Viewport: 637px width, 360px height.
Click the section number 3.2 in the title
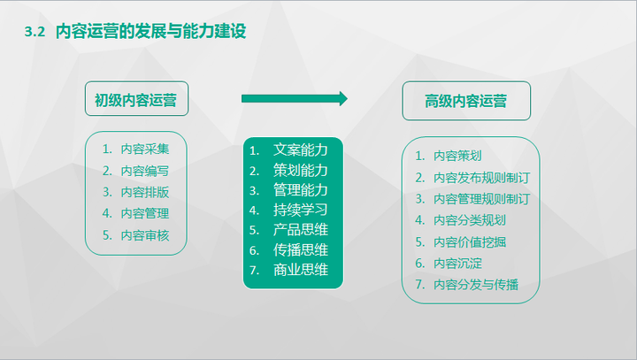click(x=35, y=32)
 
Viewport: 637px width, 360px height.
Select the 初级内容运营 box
click(x=135, y=100)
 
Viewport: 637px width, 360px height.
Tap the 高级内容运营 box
click(x=466, y=101)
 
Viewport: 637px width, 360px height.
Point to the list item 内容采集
click(x=145, y=149)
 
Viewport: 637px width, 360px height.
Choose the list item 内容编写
click(x=145, y=170)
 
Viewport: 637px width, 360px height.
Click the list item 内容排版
click(x=145, y=191)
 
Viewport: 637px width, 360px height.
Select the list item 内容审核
click(x=145, y=234)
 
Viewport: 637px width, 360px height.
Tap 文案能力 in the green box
click(x=301, y=149)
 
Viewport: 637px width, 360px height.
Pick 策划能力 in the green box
click(x=301, y=170)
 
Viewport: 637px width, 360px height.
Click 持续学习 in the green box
click(x=301, y=210)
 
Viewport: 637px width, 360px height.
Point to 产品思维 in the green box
click(x=301, y=230)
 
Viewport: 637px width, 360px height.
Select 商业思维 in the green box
click(x=301, y=270)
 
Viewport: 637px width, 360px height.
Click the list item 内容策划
click(x=457, y=155)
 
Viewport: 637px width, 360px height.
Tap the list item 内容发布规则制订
click(x=481, y=176)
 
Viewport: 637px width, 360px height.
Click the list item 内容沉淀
click(x=457, y=263)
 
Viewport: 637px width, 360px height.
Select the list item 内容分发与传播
click(x=475, y=284)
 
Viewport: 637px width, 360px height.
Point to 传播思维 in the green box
click(x=301, y=250)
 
